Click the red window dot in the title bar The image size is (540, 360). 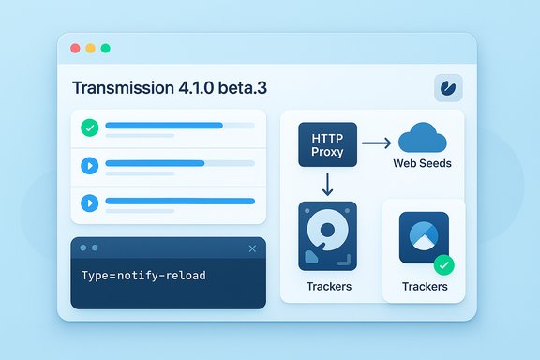74,48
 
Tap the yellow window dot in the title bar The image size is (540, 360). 90,48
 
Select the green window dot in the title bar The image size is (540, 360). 106,48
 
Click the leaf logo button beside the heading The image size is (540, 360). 447,88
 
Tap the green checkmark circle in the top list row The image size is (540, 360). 90,127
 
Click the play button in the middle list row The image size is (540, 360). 90,165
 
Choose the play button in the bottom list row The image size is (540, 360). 90,202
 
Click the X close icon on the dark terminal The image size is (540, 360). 252,248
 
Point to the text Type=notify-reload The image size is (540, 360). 143,276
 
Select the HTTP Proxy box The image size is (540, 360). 327,144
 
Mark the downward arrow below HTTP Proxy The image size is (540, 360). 327,183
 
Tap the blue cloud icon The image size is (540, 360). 423,138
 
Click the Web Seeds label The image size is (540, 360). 422,164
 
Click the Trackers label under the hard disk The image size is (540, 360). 328,286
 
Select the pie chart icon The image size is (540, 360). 423,237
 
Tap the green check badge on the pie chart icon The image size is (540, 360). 443,264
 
